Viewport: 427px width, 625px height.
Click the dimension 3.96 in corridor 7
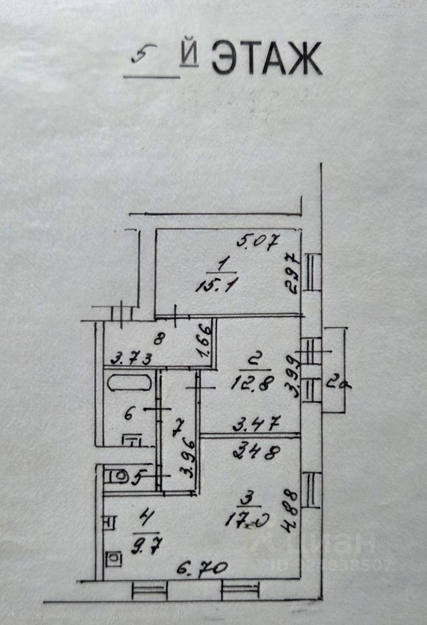tap(189, 462)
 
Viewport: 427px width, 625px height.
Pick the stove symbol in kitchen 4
tap(113, 559)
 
